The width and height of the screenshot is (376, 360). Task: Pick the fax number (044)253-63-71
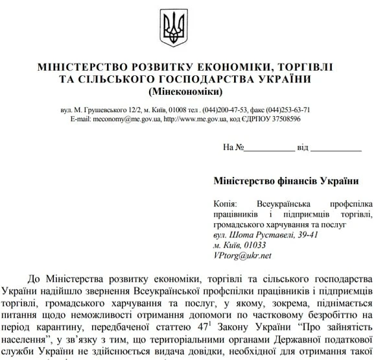pyautogui.click(x=287, y=110)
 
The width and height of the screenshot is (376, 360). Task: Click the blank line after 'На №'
pyautogui.click(x=269, y=147)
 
